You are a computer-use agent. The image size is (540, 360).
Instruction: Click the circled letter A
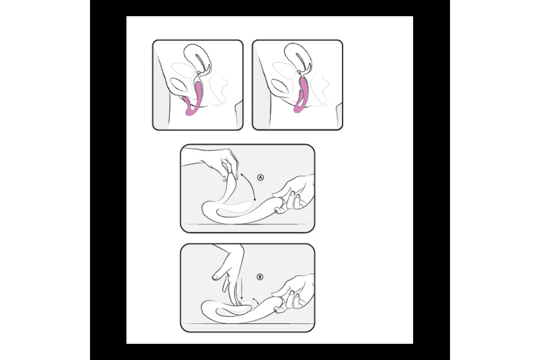point(261,178)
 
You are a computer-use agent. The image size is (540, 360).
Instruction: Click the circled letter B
point(260,277)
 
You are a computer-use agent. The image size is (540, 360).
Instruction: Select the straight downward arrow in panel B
point(242,289)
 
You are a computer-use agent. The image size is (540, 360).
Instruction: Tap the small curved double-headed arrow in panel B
point(255,301)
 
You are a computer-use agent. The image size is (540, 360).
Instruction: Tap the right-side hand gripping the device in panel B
point(294,293)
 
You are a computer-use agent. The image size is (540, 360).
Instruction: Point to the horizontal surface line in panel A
point(247,224)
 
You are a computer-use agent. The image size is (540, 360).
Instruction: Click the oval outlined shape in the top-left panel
point(179,85)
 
